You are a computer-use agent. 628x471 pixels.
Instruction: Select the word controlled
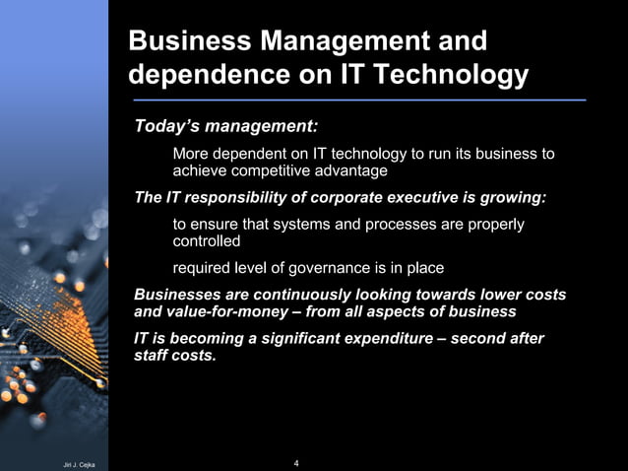click(x=207, y=240)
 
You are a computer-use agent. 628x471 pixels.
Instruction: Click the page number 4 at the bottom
click(x=296, y=462)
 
